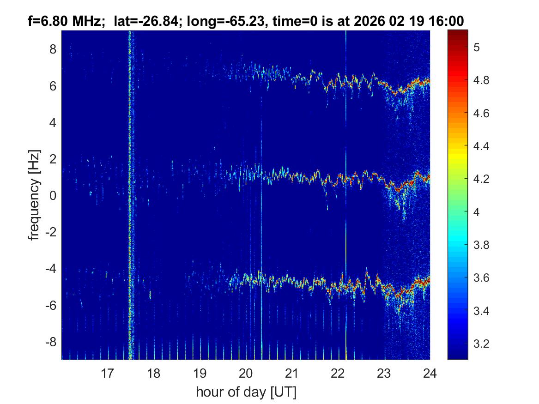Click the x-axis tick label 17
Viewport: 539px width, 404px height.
click(x=107, y=373)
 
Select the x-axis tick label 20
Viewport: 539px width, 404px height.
click(x=246, y=373)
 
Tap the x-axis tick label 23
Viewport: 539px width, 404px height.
click(x=384, y=373)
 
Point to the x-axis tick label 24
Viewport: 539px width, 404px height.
click(x=430, y=373)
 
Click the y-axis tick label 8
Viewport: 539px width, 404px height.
click(x=53, y=49)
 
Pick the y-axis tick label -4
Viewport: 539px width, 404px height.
click(x=51, y=269)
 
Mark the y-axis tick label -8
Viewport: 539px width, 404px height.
click(x=51, y=342)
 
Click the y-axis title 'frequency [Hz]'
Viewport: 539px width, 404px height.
click(x=34, y=195)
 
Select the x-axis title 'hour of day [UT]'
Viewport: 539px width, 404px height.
click(x=246, y=392)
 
